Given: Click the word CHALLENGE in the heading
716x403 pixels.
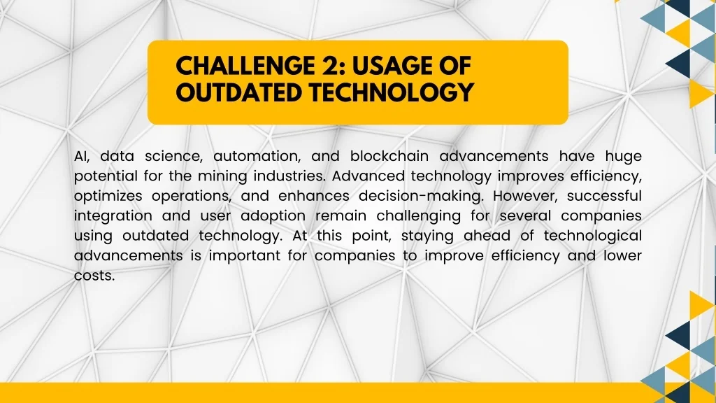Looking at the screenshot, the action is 243,66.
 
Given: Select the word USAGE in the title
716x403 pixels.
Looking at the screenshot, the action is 389,66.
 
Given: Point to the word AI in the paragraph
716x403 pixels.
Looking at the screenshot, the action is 82,156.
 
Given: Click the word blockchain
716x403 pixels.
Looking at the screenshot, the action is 389,156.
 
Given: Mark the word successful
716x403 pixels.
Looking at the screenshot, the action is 605,196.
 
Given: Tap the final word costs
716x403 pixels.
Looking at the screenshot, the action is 94,276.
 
